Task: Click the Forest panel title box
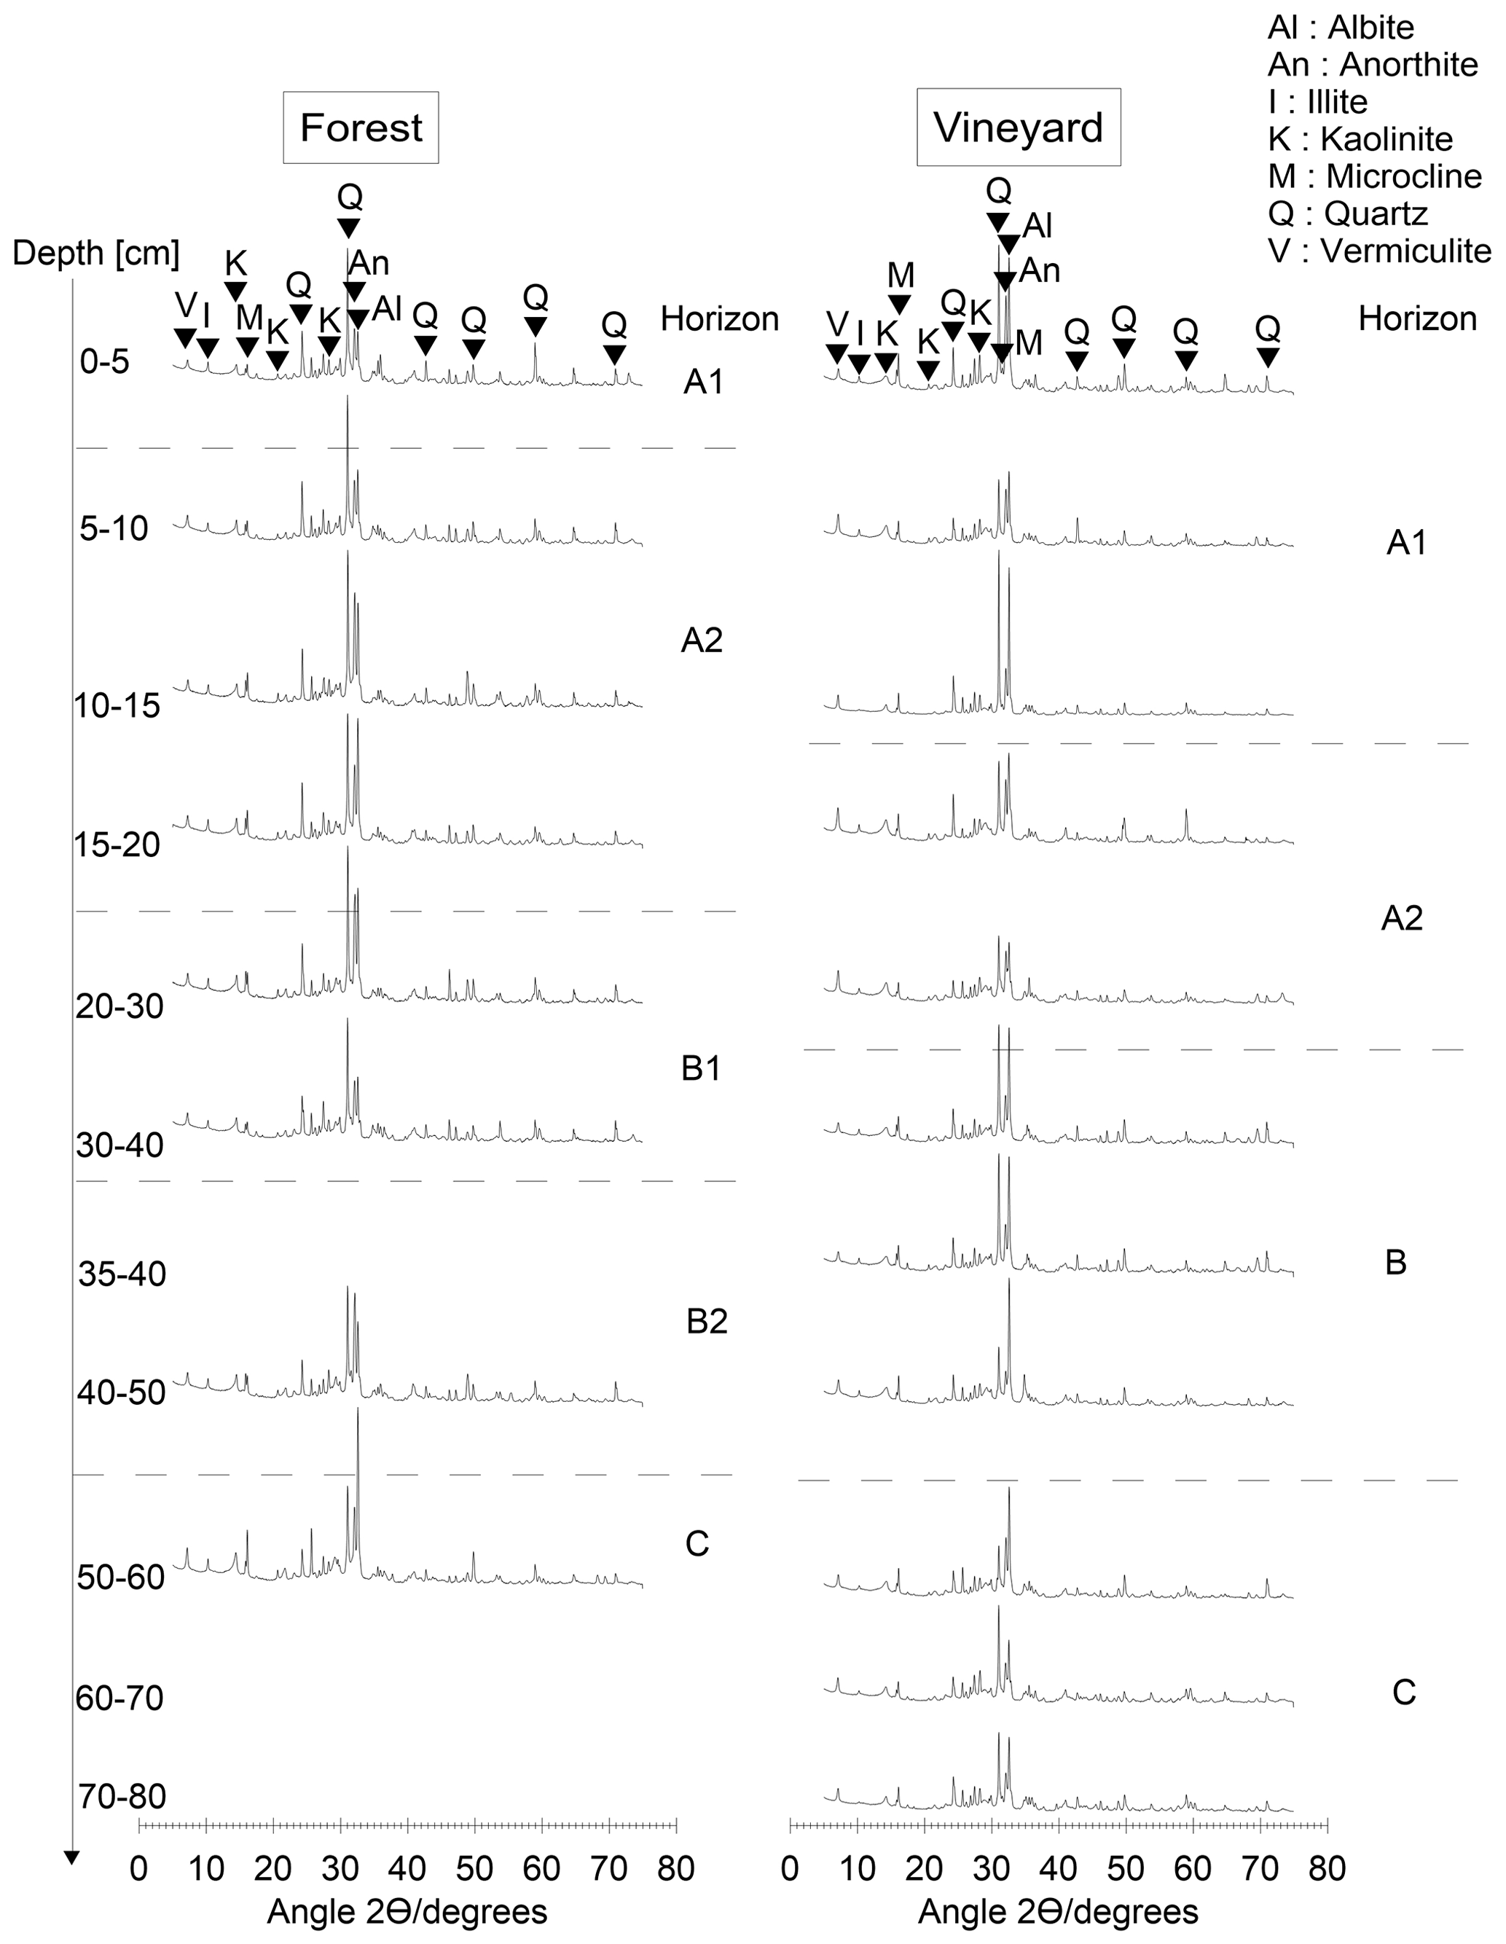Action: tap(361, 128)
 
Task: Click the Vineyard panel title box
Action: tap(1019, 128)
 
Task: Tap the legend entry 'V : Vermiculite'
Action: tap(1378, 251)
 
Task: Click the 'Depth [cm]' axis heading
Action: tap(96, 254)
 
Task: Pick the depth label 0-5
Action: tap(105, 362)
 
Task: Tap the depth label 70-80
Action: tap(122, 1796)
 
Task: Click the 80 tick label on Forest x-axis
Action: tap(675, 1868)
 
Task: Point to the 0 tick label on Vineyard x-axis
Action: tap(790, 1868)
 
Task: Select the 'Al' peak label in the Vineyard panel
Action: tap(1038, 226)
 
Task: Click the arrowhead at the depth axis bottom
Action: tap(72, 1857)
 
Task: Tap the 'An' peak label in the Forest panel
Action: tap(369, 264)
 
